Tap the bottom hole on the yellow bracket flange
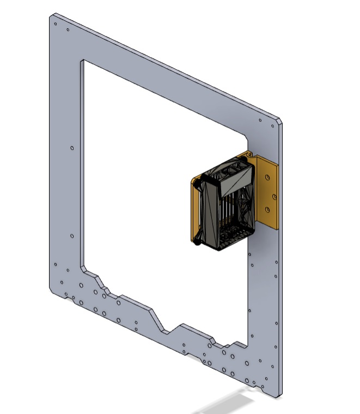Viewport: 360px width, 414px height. tap(267, 208)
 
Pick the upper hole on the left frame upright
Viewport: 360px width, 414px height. tap(72, 148)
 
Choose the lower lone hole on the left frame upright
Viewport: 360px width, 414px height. tap(72, 236)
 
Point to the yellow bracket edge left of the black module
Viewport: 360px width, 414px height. tap(192, 210)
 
